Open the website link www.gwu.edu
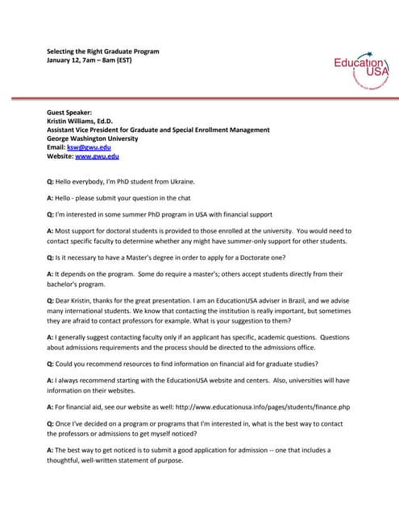pos(97,157)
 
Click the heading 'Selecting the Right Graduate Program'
pos(102,51)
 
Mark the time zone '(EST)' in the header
pos(128,61)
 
